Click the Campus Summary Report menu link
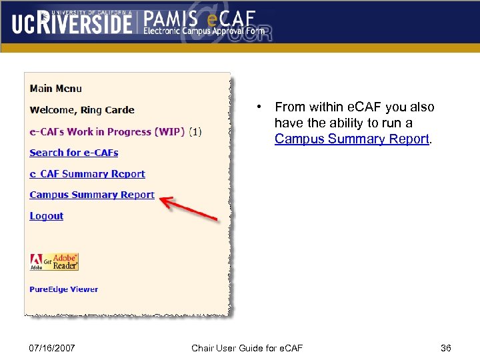[92, 195]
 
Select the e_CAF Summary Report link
[87, 174]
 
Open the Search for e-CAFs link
[74, 153]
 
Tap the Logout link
[47, 216]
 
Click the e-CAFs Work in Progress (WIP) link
[107, 132]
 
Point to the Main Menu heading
[56, 89]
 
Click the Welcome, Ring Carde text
[82, 110]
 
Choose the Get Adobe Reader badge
[55, 262]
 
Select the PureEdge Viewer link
[64, 289]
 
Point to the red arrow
[189, 208]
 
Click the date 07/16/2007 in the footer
[53, 348]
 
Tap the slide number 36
[446, 348]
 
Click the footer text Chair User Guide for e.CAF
[247, 348]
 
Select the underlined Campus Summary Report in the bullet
[353, 139]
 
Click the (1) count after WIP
[195, 132]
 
